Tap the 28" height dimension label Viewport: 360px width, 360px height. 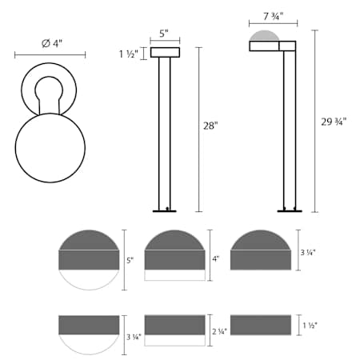point(210,126)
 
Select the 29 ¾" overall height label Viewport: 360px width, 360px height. point(333,121)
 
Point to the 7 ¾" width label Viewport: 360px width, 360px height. point(265,17)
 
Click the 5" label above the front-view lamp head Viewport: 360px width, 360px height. point(165,34)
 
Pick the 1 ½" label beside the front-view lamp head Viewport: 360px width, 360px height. point(128,54)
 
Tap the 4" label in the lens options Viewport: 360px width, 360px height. point(215,259)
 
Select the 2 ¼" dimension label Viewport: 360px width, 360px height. point(218,330)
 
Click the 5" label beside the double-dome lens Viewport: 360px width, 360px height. point(131,260)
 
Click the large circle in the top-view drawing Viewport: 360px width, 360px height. point(50,147)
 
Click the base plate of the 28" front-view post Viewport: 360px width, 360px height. point(165,211)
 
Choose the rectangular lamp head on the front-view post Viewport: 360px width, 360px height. point(165,53)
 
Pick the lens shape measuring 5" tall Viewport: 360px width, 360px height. point(89,259)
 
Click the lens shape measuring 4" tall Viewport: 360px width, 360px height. point(174,254)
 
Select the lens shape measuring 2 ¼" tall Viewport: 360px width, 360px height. point(174,329)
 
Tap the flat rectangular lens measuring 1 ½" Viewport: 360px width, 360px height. point(260,325)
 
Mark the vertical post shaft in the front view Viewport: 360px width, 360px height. point(165,132)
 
